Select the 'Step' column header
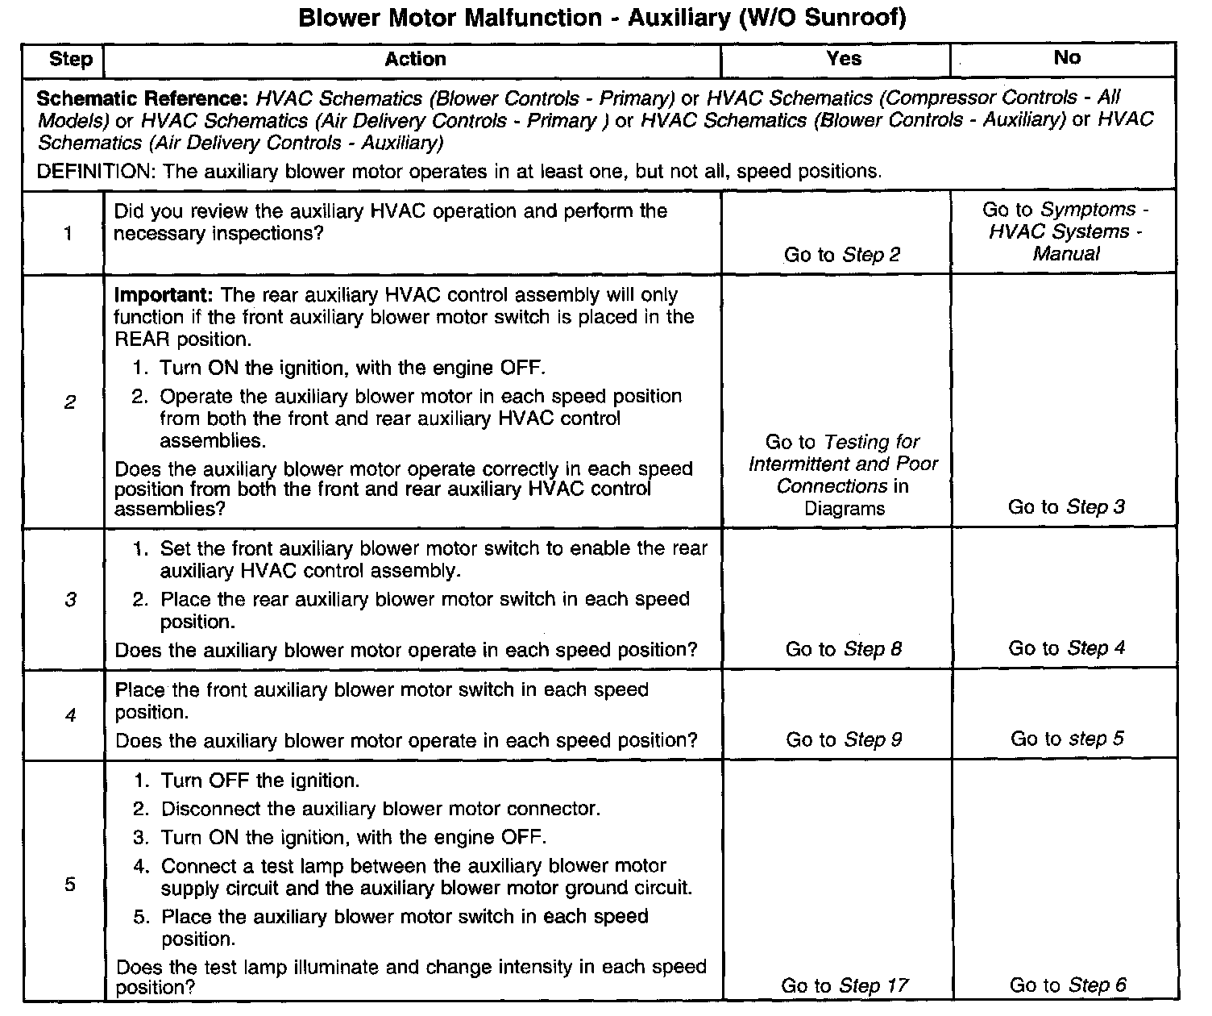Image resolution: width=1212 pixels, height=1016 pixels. [x=70, y=59]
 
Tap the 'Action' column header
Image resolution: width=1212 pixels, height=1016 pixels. [x=415, y=59]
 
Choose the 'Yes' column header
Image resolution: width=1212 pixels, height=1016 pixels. [x=843, y=58]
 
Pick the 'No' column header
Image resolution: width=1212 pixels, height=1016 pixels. [x=1066, y=57]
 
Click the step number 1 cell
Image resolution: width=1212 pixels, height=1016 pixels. [x=68, y=234]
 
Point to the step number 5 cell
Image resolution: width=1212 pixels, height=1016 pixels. [x=70, y=885]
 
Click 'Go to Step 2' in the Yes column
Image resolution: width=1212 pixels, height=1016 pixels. [x=842, y=255]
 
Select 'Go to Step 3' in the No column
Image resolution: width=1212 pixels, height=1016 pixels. [x=1066, y=507]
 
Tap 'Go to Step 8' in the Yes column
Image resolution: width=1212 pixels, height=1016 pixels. [x=843, y=649]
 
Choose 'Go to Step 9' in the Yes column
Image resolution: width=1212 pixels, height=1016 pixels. [x=844, y=739]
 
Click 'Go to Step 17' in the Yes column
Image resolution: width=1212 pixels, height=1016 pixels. [x=844, y=985]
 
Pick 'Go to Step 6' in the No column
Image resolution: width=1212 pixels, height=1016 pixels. [x=1068, y=985]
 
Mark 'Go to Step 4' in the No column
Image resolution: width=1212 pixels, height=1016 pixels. [x=1066, y=648]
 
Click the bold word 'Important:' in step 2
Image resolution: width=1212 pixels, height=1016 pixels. [x=164, y=294]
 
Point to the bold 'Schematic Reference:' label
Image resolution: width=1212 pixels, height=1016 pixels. [x=142, y=99]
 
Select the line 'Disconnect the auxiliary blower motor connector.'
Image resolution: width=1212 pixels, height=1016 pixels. [x=380, y=809]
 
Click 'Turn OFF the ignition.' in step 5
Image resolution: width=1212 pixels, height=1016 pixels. [x=259, y=781]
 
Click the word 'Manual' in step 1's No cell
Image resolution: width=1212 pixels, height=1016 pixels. [x=1065, y=253]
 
